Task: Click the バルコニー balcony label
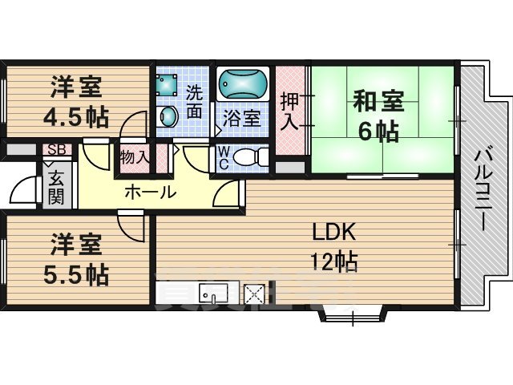click(483, 189)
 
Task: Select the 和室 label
click(379, 103)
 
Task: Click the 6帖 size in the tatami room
click(378, 131)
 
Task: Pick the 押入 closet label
click(289, 112)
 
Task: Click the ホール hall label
click(150, 192)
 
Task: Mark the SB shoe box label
click(57, 149)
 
